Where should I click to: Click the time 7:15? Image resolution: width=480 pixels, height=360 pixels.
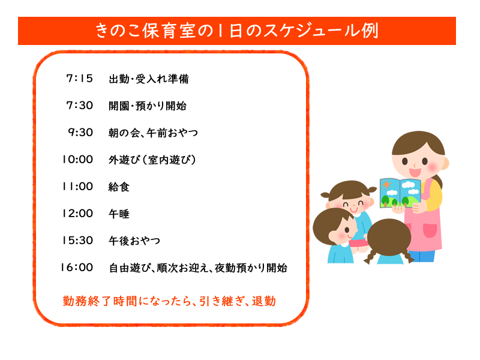click(x=80, y=79)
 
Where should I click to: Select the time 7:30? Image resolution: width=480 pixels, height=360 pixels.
click(x=80, y=106)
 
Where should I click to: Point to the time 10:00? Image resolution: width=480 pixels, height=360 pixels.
click(x=77, y=160)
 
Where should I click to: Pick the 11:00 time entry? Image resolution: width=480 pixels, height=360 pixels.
click(x=78, y=187)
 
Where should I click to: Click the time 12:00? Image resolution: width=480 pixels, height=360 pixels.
click(x=77, y=214)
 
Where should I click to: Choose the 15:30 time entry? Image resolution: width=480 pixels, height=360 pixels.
click(x=77, y=241)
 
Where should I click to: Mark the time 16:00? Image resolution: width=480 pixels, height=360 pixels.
click(x=77, y=268)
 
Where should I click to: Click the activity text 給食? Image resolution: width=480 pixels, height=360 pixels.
click(x=119, y=187)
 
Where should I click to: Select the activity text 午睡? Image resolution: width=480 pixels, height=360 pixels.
click(x=119, y=214)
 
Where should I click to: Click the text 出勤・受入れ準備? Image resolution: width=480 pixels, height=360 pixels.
click(x=149, y=79)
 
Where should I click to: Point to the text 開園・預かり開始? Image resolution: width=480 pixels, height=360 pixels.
click(x=147, y=106)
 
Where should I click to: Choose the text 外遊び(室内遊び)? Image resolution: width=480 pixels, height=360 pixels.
click(x=152, y=160)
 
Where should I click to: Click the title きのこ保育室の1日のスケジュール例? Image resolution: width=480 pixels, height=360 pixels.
click(x=237, y=31)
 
